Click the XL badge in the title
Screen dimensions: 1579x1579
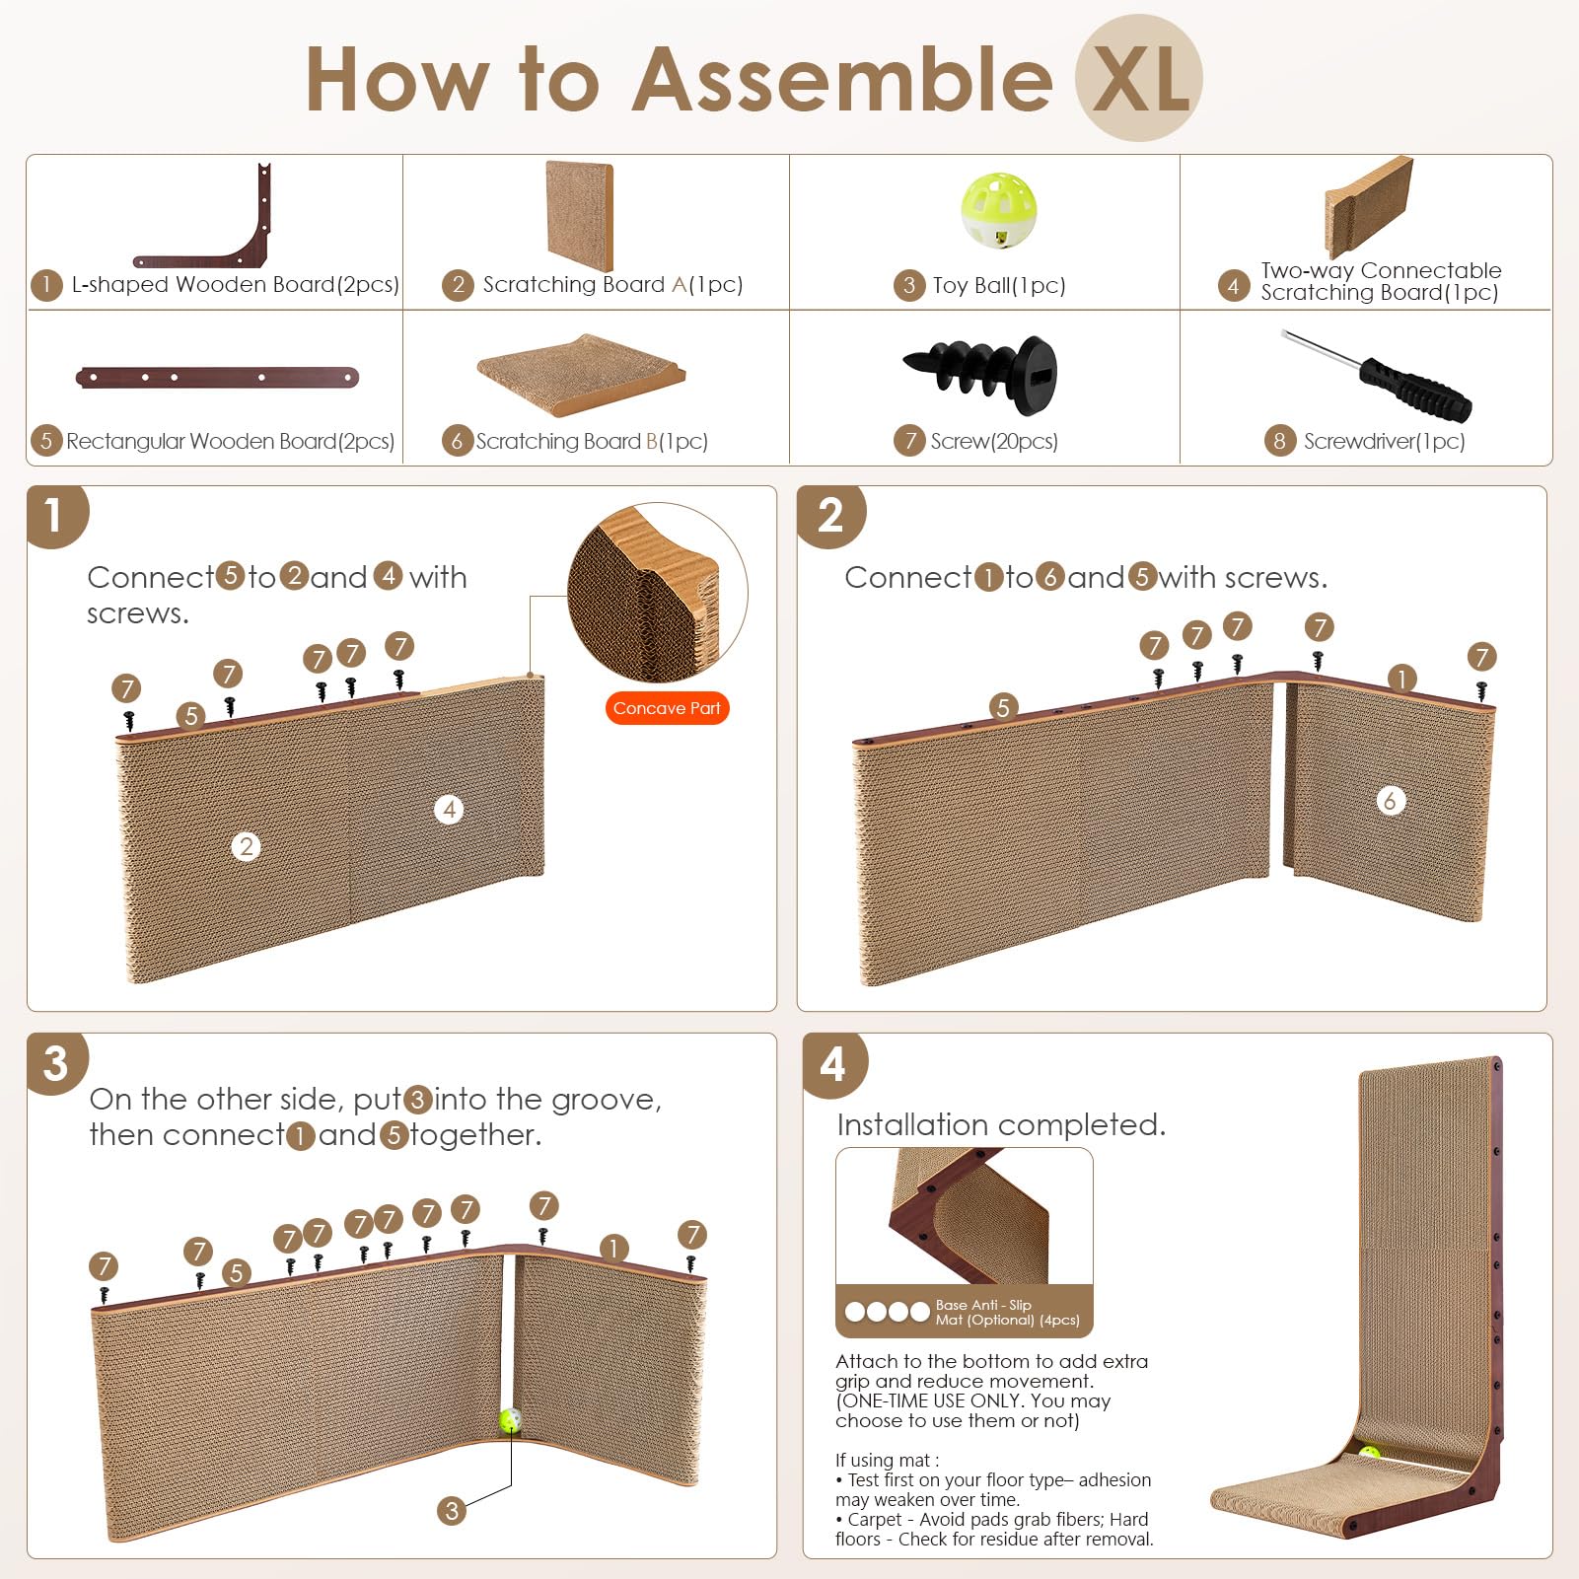coord(1138,78)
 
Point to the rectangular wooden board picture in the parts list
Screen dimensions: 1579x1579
coord(217,377)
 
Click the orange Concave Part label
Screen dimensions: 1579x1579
coord(667,708)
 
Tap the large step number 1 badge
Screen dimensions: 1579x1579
coord(56,515)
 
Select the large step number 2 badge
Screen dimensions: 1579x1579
coord(830,515)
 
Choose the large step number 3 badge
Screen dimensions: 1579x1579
coord(56,1063)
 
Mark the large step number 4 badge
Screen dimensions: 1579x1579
coord(833,1065)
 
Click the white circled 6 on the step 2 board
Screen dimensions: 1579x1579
coord(1390,800)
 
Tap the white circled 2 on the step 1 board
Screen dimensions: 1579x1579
coord(247,846)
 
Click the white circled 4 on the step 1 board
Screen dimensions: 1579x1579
coord(449,810)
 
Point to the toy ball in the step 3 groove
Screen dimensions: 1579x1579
coord(510,1420)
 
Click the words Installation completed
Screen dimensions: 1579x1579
coord(1001,1124)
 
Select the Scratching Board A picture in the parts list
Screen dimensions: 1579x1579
coord(579,216)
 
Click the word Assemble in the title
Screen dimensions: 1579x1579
coord(843,80)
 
